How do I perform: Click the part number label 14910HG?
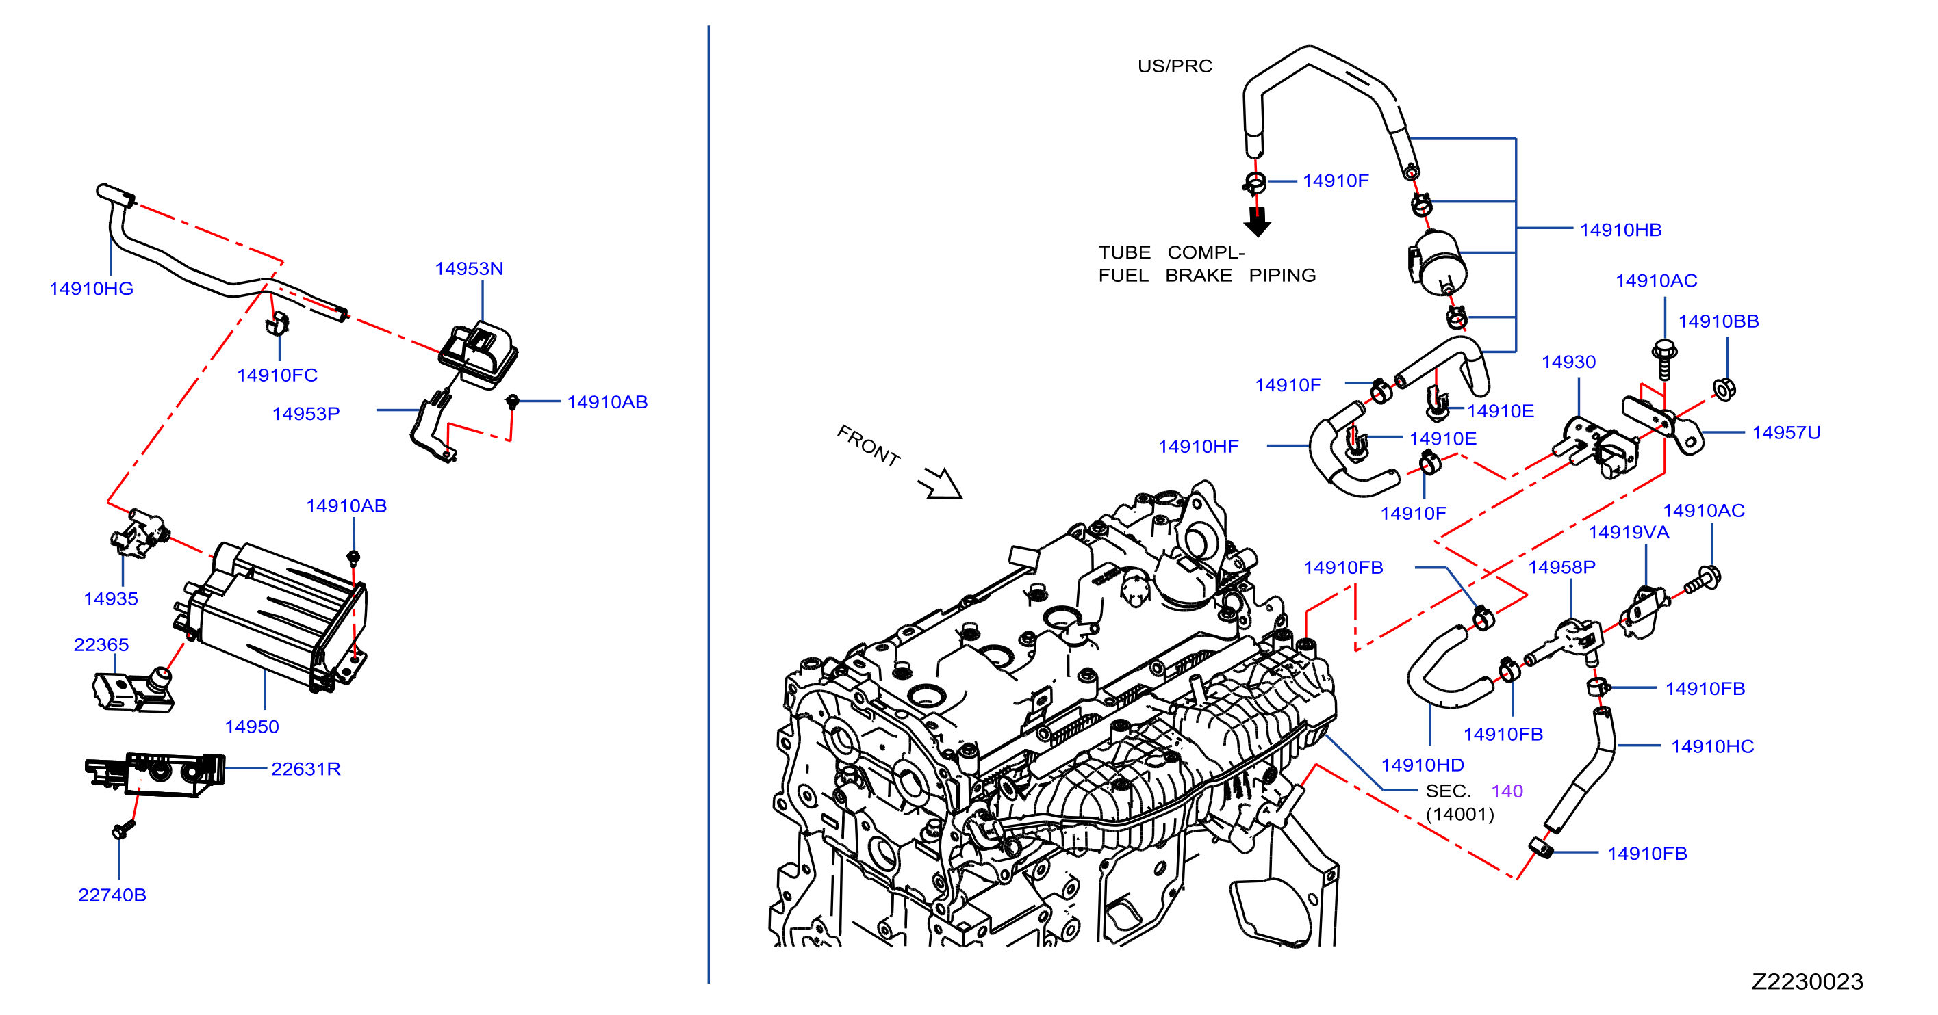(91, 289)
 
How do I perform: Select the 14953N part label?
(469, 268)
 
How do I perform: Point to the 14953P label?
(305, 414)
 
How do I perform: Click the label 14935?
(111, 598)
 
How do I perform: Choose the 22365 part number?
(101, 644)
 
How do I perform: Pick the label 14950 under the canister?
(251, 726)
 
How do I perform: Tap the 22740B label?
(112, 895)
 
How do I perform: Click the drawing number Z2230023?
(1807, 981)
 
